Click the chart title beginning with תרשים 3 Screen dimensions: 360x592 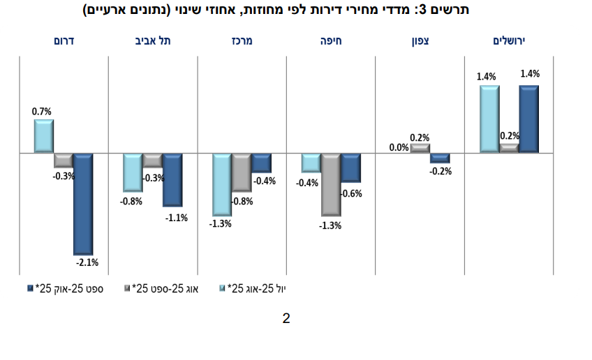pyautogui.click(x=295, y=10)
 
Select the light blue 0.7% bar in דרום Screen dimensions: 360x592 pyautogui.click(x=44, y=136)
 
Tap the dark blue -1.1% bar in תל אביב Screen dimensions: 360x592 pyautogui.click(x=172, y=179)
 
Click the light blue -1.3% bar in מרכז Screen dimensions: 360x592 pyautogui.click(x=222, y=184)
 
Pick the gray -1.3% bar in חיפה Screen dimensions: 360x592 pyautogui.click(x=331, y=184)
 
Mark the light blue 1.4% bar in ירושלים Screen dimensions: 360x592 pyautogui.click(x=489, y=119)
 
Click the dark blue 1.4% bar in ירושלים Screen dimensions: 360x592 pyautogui.click(x=528, y=119)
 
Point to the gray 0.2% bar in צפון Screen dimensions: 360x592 pyautogui.click(x=420, y=148)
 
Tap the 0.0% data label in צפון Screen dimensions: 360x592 pyautogui.click(x=399, y=147)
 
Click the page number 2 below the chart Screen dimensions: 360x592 pyautogui.click(x=286, y=319)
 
